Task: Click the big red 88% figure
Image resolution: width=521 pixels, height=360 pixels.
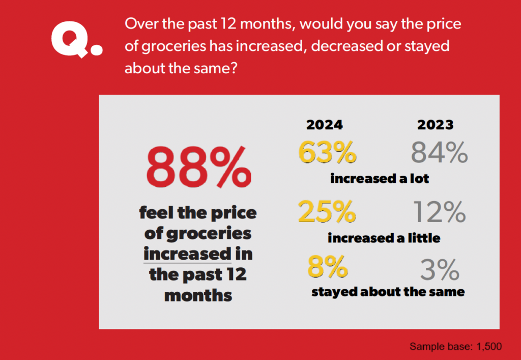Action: point(198,167)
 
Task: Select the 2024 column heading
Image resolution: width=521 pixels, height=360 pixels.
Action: point(324,125)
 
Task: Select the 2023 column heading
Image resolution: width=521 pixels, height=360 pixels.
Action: point(436,125)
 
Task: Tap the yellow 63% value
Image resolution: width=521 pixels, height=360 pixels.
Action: point(327,152)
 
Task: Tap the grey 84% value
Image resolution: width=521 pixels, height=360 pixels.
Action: point(439,152)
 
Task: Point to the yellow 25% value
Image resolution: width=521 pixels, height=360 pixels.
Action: point(327,212)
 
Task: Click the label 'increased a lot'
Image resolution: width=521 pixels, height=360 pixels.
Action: point(380,179)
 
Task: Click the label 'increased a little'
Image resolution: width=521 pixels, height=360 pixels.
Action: point(384,238)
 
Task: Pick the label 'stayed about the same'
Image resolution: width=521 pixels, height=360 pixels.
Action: point(388,292)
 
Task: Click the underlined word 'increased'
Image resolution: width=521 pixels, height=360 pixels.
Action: point(187,253)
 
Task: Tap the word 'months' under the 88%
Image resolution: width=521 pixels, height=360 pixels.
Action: point(198,295)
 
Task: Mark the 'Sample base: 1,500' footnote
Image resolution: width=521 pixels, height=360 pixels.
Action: point(455,347)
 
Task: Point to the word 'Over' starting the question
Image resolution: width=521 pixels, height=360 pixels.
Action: point(140,24)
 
